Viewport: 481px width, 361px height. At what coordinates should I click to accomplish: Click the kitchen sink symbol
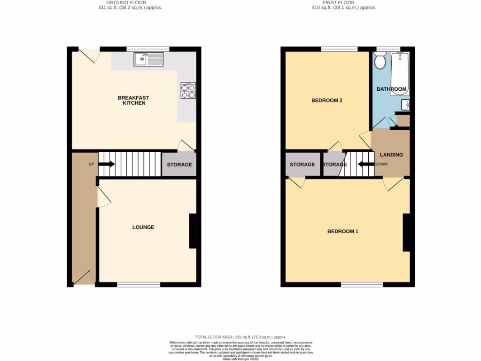click(x=148, y=59)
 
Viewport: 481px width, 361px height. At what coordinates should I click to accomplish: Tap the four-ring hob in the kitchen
click(x=188, y=90)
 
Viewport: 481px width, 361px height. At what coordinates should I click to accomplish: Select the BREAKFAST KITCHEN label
click(x=134, y=100)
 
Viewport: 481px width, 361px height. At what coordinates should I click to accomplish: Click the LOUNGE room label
click(x=143, y=227)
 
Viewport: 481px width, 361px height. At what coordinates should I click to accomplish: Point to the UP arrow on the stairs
click(x=107, y=164)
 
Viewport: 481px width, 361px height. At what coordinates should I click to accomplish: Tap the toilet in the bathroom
click(x=380, y=60)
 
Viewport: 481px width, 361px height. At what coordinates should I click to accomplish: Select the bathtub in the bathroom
click(x=400, y=73)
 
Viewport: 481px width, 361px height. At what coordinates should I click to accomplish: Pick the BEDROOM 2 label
click(x=327, y=100)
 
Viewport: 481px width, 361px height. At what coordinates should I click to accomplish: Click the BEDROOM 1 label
click(x=343, y=231)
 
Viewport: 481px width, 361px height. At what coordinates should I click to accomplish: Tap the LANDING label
click(x=391, y=155)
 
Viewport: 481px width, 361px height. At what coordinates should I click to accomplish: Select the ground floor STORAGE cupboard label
click(x=179, y=165)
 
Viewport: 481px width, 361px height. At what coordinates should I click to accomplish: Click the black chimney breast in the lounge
click(x=193, y=231)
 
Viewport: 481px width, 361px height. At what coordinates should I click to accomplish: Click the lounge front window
click(x=139, y=284)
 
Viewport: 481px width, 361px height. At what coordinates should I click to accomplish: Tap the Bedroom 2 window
click(x=339, y=48)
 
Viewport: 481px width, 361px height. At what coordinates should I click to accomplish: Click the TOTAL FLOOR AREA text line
click(x=240, y=337)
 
